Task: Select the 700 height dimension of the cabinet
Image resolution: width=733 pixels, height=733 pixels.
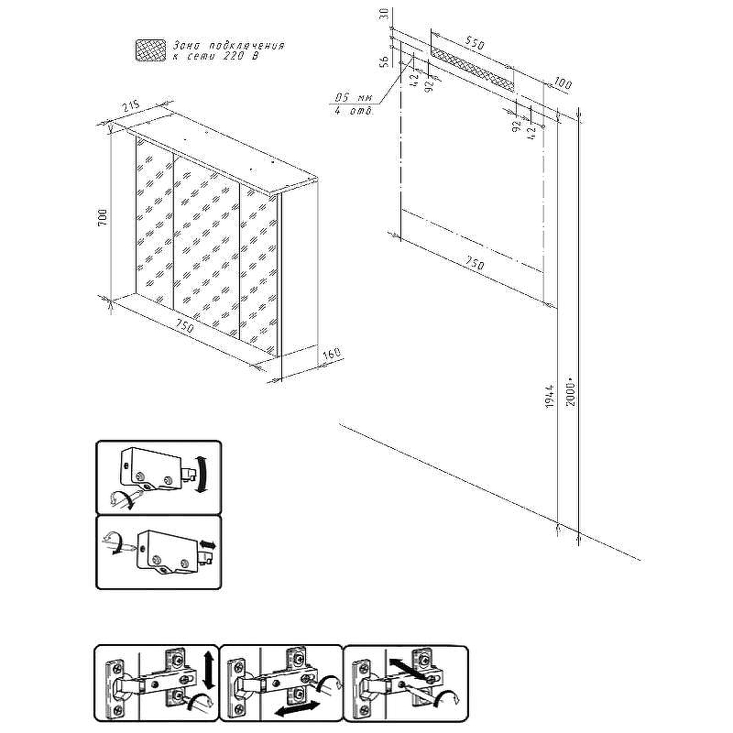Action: pos(104,217)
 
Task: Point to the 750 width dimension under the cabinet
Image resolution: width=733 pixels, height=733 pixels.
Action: pos(184,326)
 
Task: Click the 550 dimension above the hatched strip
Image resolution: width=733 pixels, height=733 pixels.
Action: pos(475,42)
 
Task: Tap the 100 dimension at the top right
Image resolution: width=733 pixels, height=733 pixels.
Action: pos(562,84)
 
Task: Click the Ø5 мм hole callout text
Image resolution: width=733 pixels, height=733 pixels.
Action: pos(353,96)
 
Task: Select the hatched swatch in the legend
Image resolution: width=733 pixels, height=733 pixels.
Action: pos(148,50)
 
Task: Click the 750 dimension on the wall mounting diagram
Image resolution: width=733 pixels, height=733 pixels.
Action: pos(474,263)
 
